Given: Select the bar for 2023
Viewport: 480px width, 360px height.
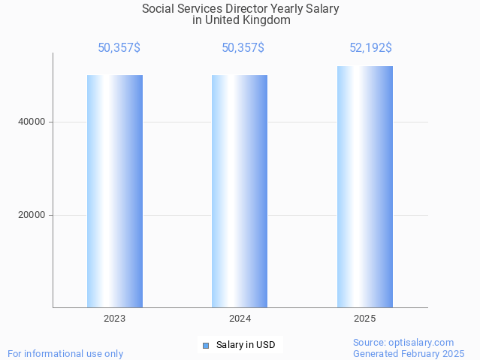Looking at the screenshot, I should pyautogui.click(x=115, y=191).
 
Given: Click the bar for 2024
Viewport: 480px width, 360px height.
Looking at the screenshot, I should pyautogui.click(x=240, y=191).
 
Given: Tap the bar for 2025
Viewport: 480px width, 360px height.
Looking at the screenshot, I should pyautogui.click(x=365, y=187).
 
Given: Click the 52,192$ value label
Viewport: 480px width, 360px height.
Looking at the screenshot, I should pyautogui.click(x=370, y=48).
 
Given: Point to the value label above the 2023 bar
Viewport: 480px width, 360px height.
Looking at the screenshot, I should pyautogui.click(x=119, y=48).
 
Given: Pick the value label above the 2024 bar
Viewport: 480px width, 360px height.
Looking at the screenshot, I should pyautogui.click(x=243, y=48).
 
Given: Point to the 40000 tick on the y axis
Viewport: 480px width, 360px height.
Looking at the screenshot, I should pyautogui.click(x=32, y=122).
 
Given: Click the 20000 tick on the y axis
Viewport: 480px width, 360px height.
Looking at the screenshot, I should pyautogui.click(x=32, y=215).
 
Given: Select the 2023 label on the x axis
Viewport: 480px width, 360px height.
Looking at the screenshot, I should pyautogui.click(x=115, y=319).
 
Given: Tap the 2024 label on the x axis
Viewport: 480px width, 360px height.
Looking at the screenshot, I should pyautogui.click(x=240, y=319).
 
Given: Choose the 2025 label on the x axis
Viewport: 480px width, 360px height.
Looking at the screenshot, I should pyautogui.click(x=365, y=319).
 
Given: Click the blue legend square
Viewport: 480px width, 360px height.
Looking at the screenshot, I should pyautogui.click(x=206, y=346).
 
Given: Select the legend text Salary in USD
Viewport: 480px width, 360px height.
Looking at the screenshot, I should pyautogui.click(x=246, y=346).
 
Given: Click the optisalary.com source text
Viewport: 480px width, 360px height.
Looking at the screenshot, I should pyautogui.click(x=403, y=342).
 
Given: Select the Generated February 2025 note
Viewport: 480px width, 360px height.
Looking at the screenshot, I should pyautogui.click(x=409, y=353).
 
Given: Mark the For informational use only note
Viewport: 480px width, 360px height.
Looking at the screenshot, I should pyautogui.click(x=65, y=353).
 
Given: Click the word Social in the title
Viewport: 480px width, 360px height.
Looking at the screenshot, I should pyautogui.click(x=157, y=9).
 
